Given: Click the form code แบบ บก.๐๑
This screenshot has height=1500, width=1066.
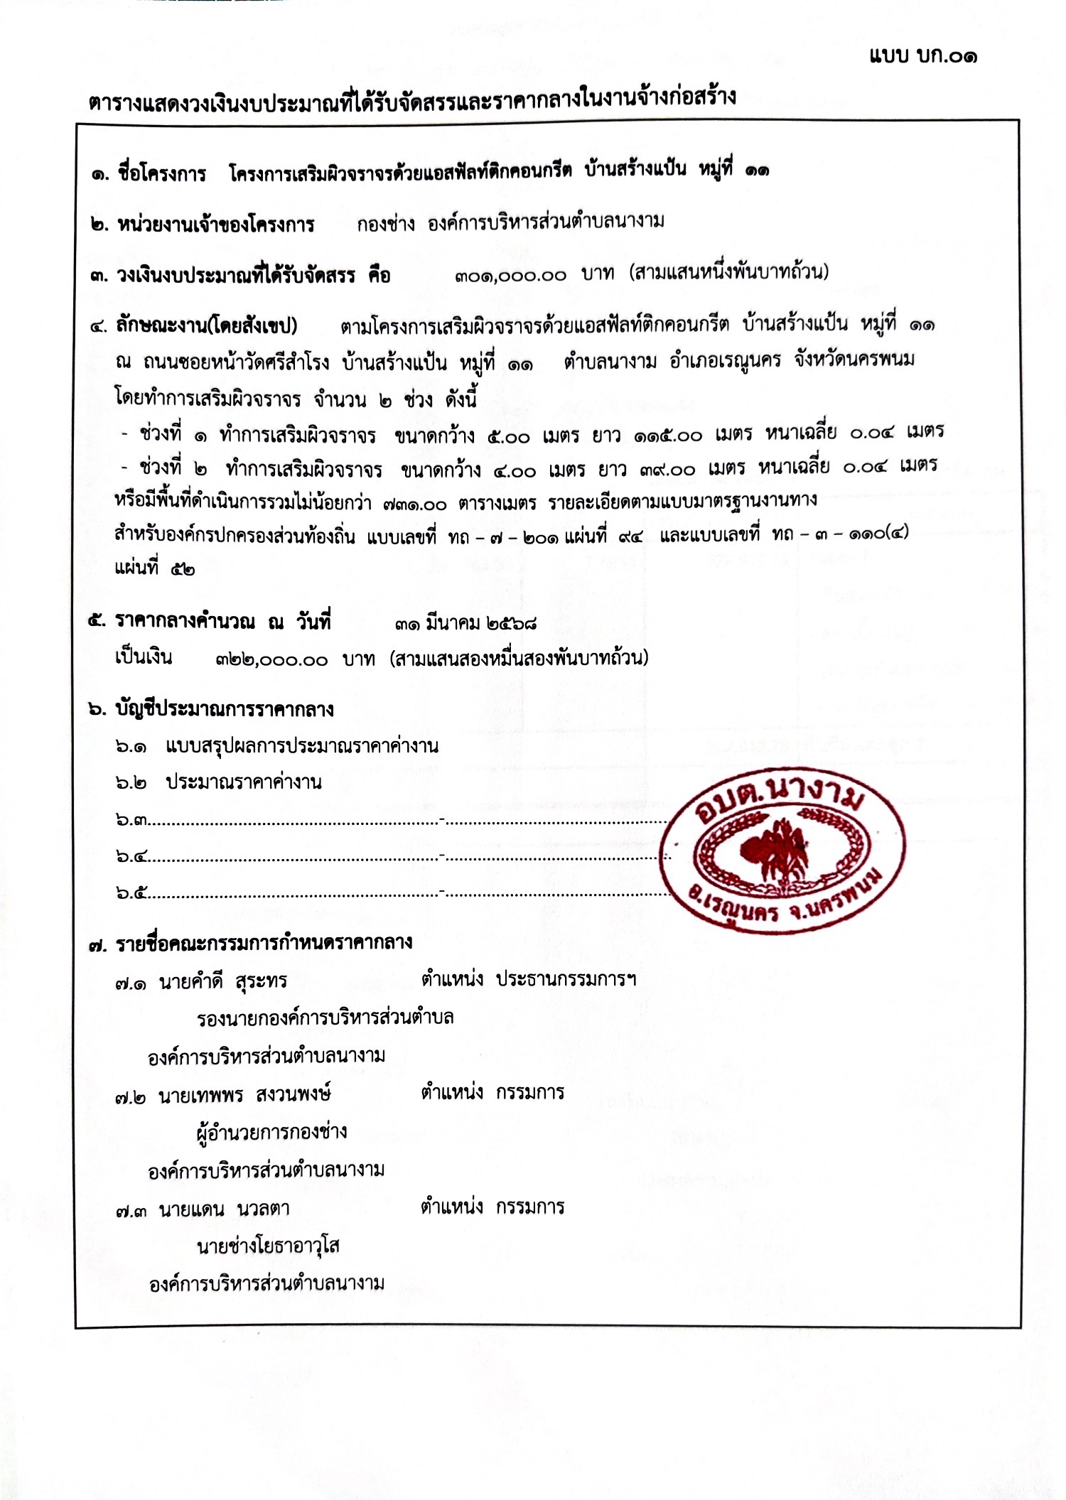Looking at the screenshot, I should pos(922,56).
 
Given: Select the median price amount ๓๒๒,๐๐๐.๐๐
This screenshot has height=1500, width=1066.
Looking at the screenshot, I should pos(271,660).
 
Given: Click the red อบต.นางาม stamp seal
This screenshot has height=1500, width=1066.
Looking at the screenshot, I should pos(782,849).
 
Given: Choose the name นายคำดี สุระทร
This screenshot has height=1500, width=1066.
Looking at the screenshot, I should pos(223,982).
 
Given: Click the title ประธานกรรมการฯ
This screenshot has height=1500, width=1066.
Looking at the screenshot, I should pos(565,980).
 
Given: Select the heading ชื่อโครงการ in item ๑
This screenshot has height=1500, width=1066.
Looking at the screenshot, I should pos(162,173).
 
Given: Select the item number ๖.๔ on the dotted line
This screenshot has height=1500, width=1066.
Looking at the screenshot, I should pos(131,857).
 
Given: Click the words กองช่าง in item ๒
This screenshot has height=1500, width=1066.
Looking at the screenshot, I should pos(386,225).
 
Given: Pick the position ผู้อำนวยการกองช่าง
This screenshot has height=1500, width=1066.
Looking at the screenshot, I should pos(271,1131).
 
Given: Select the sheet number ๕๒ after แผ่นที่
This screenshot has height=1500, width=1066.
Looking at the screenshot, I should pos(182,569).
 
